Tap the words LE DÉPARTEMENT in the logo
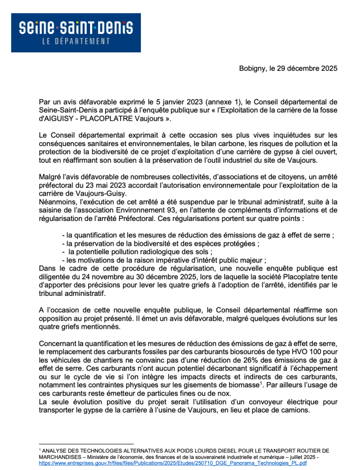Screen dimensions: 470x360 (x=76, y=41)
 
